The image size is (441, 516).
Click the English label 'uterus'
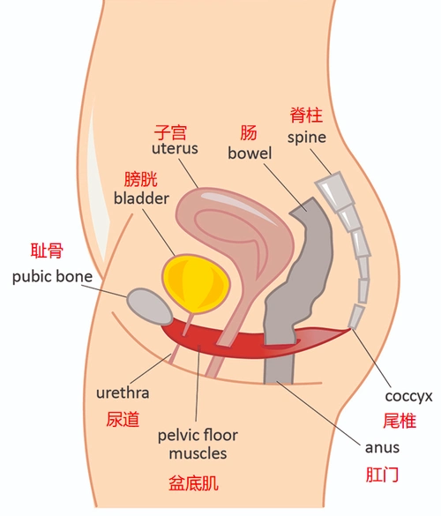click(x=175, y=148)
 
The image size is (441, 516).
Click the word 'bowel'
click(x=250, y=153)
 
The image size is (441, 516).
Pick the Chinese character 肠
click(x=249, y=133)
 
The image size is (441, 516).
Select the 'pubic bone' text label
click(x=52, y=276)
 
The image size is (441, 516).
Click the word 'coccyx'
click(x=408, y=396)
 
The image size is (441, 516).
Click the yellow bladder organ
click(x=196, y=284)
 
